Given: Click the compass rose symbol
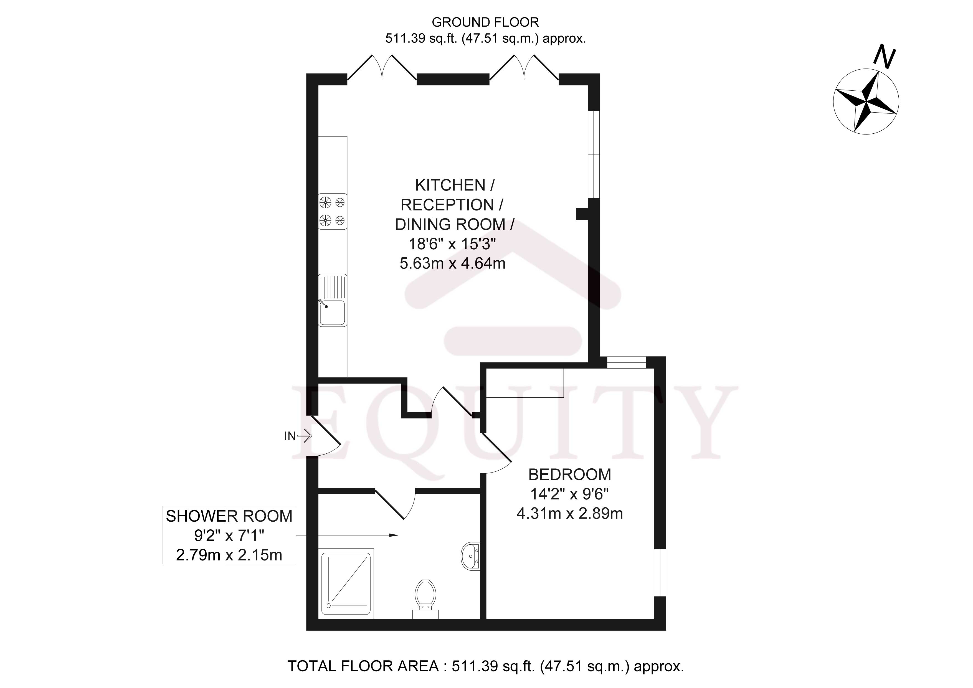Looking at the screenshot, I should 866,102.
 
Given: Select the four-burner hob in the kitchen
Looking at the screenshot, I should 332,211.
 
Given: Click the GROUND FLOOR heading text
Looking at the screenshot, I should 485,22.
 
